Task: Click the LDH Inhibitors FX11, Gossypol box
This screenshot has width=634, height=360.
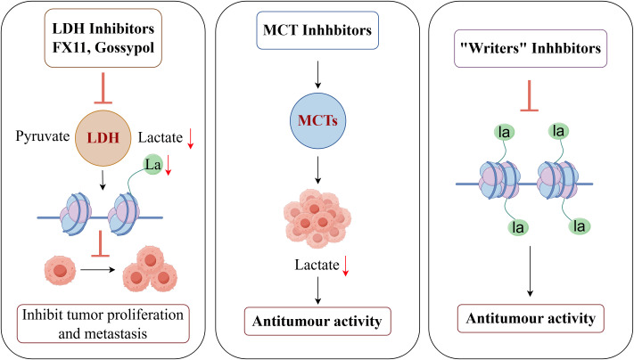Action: tap(103, 38)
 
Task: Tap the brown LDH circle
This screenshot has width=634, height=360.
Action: tap(103, 138)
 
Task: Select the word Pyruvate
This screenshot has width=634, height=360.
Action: tap(43, 136)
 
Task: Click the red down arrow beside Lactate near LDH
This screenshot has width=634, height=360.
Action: tap(191, 139)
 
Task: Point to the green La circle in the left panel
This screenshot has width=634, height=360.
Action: tap(152, 165)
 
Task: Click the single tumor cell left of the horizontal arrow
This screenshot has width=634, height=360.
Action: tap(61, 269)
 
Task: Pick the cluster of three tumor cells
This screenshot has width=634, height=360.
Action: tap(150, 269)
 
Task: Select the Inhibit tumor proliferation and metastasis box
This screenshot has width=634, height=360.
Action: tap(103, 323)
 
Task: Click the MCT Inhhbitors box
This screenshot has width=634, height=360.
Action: tap(317, 30)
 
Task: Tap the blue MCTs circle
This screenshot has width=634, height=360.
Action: tap(317, 121)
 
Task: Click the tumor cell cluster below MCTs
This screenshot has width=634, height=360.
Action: tap(317, 218)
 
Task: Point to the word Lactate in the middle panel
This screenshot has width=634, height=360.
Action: tap(317, 265)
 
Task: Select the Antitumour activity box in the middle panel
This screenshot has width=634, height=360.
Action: tap(317, 321)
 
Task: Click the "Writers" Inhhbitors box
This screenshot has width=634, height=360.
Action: tap(531, 48)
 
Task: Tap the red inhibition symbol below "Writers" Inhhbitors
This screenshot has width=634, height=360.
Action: tap(530, 95)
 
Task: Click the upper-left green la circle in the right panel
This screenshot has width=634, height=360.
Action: tap(504, 132)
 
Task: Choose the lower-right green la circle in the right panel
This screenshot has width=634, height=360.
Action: tap(579, 225)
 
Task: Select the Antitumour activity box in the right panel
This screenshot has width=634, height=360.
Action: tap(531, 318)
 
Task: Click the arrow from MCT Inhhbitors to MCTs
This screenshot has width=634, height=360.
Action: tap(317, 75)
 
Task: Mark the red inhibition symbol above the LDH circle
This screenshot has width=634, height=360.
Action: tap(103, 88)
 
